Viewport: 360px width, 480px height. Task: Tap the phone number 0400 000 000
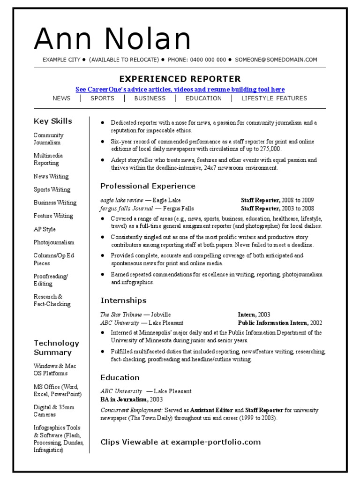[x=207, y=60]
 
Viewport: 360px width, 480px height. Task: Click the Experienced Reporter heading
[x=180, y=79]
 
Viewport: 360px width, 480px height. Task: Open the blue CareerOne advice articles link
[x=180, y=89]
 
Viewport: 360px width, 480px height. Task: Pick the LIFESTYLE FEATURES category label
[x=274, y=98]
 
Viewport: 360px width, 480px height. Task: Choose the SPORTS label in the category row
[x=102, y=98]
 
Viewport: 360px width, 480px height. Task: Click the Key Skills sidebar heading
[x=53, y=121]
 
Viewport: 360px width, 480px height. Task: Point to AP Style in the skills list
[x=45, y=229]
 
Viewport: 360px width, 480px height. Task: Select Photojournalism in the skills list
[x=54, y=242]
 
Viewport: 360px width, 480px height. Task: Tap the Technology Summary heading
[x=56, y=348]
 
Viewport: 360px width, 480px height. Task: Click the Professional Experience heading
[x=148, y=186]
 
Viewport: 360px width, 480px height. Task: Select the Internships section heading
[x=123, y=300]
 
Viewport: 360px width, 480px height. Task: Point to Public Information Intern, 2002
[x=280, y=323]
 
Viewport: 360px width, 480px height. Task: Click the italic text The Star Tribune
[x=121, y=315]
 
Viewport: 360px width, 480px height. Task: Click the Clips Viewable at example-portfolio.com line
[x=180, y=442]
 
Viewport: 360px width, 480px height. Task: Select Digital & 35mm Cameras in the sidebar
[x=54, y=411]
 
